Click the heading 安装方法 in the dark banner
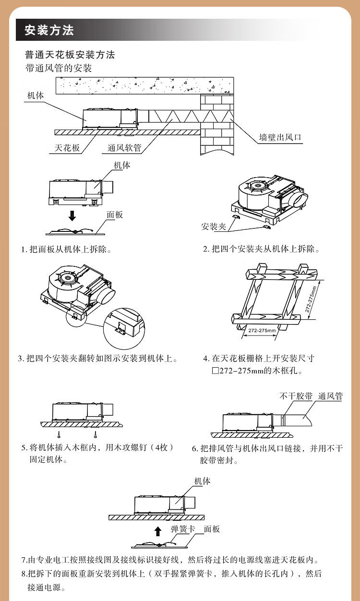click(49, 30)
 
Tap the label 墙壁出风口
click(280, 137)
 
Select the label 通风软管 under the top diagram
click(124, 148)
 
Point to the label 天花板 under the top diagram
click(67, 148)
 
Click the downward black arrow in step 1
click(72, 216)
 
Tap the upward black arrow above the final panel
click(158, 531)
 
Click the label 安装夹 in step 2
click(214, 227)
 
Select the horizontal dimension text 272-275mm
click(262, 330)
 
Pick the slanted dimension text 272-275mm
click(311, 300)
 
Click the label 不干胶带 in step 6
click(296, 396)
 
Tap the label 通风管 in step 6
click(331, 396)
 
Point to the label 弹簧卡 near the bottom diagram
click(183, 529)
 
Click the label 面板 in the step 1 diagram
click(115, 215)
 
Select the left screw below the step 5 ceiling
click(60, 434)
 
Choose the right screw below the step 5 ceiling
click(95, 434)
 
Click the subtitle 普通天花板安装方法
click(70, 55)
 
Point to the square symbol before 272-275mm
click(215, 371)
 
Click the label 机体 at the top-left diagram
click(36, 95)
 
